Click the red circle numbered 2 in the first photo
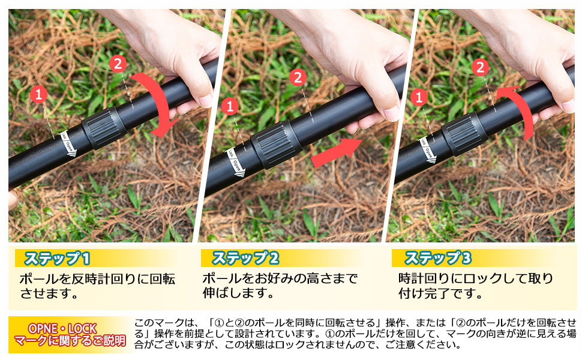pyautogui.click(x=118, y=63)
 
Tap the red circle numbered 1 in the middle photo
pyautogui.click(x=230, y=107)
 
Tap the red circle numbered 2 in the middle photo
pyautogui.click(x=298, y=77)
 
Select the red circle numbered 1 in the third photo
pyautogui.click(x=419, y=97)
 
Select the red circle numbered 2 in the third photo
pyautogui.click(x=480, y=67)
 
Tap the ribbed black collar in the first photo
pyautogui.click(x=103, y=127)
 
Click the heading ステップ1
pyautogui.click(x=56, y=259)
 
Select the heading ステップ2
pyautogui.click(x=245, y=259)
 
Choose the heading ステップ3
pyautogui.click(x=437, y=259)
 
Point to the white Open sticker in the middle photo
pyautogui.click(x=236, y=163)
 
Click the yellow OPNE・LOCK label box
pyautogui.click(x=70, y=335)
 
